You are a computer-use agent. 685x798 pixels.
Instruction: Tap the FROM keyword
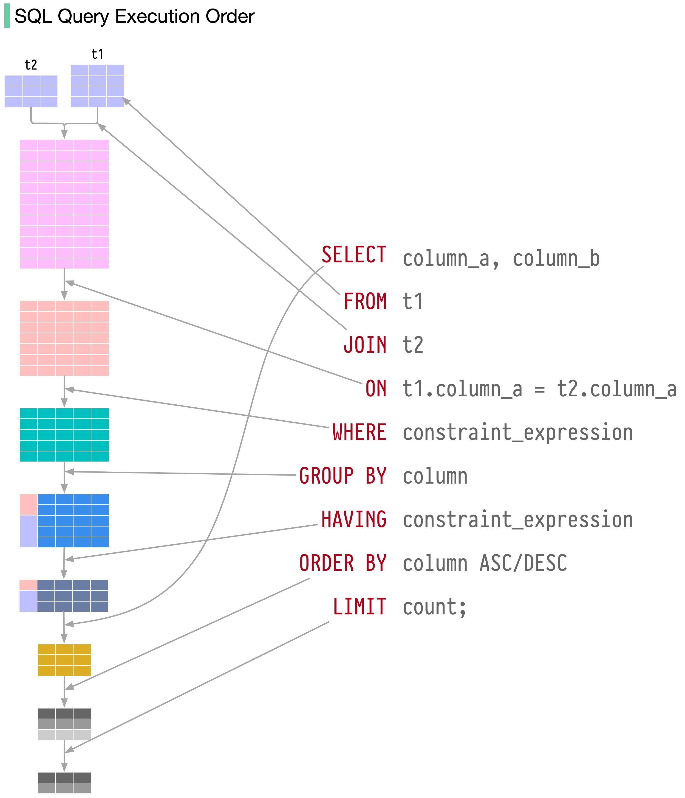pos(365,301)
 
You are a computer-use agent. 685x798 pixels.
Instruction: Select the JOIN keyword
pos(365,345)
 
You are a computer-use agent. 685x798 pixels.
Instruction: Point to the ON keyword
pos(376,389)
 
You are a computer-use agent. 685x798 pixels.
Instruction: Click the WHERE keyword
pos(359,432)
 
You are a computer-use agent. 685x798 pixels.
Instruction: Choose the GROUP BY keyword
pos(343,476)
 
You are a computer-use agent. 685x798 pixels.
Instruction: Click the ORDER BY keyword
pos(343,563)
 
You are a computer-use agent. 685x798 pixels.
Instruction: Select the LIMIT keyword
pos(359,607)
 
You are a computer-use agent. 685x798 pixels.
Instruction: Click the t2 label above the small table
pos(31,65)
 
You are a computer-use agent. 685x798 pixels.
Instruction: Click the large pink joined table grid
pos(64,204)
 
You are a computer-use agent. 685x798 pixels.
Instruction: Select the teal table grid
pos(64,435)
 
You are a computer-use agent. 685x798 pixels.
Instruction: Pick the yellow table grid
pos(64,660)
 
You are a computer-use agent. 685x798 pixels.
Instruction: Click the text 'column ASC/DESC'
pos(484,563)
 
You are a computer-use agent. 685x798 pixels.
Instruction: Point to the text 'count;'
pos(434,607)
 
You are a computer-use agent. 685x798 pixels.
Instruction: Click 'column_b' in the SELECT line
pos(556,258)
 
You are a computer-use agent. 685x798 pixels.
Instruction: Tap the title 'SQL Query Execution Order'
pos(134,17)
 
